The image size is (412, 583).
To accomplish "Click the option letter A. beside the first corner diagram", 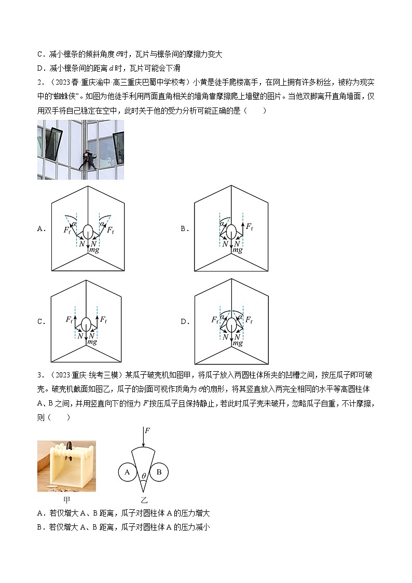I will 41,228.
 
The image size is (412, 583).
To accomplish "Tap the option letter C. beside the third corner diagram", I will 41,321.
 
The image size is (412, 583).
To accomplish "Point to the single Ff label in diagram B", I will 249,227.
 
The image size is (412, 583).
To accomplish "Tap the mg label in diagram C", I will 92,342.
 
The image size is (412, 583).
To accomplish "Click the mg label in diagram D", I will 237,343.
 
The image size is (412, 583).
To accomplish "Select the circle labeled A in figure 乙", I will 126,472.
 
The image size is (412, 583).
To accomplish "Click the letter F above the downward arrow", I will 147,430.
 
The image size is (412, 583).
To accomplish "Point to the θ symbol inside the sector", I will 143,476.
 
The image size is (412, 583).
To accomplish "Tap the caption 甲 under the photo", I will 66,499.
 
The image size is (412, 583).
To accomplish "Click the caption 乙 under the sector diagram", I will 144,499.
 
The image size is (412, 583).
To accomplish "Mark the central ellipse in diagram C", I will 88,323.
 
